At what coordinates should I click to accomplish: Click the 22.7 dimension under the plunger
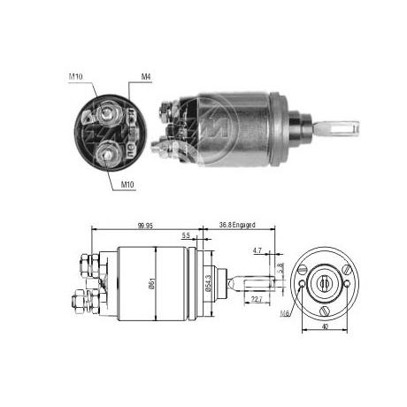tap(255, 299)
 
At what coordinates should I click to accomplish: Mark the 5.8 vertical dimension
tap(280, 266)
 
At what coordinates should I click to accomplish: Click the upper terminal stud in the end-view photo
tap(109, 113)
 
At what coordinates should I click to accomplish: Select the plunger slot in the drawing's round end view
tap(325, 282)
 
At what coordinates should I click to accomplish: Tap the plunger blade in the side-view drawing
tap(257, 283)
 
